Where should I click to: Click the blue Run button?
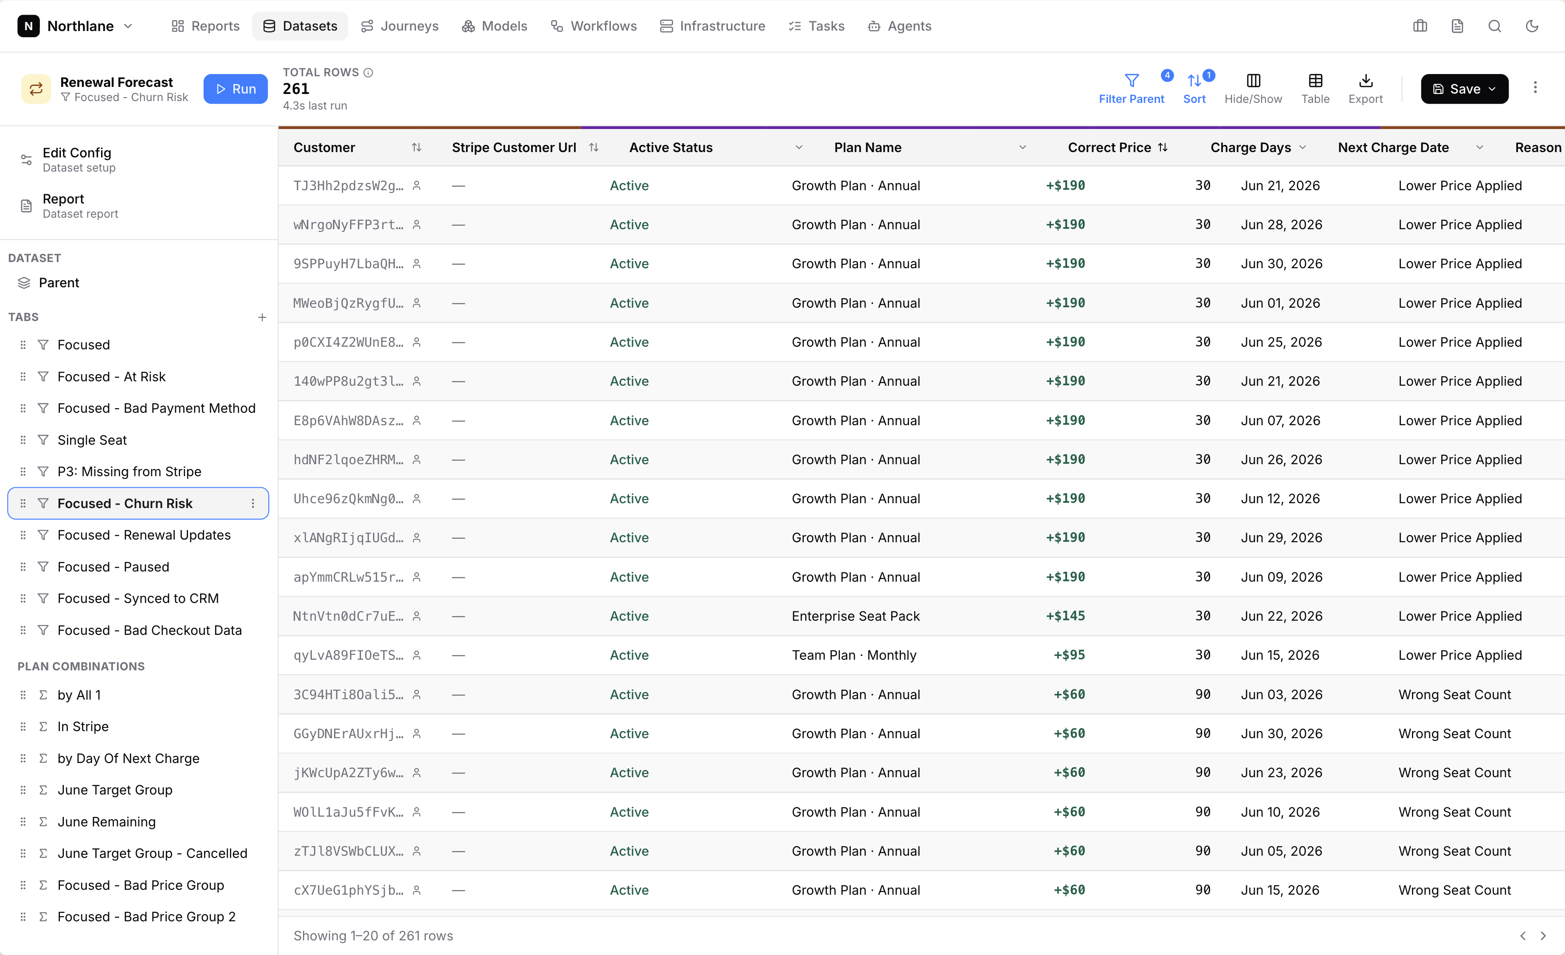click(235, 89)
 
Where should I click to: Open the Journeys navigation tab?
click(400, 26)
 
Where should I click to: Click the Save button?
click(1464, 89)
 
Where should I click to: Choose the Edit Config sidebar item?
click(76, 159)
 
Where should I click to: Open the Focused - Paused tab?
click(113, 567)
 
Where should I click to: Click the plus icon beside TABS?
click(262, 317)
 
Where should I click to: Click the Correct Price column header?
click(1109, 147)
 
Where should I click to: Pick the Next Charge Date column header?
click(1393, 147)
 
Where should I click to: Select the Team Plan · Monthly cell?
click(853, 655)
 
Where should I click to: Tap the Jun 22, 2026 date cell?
click(1281, 616)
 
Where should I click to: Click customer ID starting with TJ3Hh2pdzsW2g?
click(348, 185)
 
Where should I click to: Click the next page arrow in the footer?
click(1543, 935)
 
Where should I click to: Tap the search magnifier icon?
click(1494, 26)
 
